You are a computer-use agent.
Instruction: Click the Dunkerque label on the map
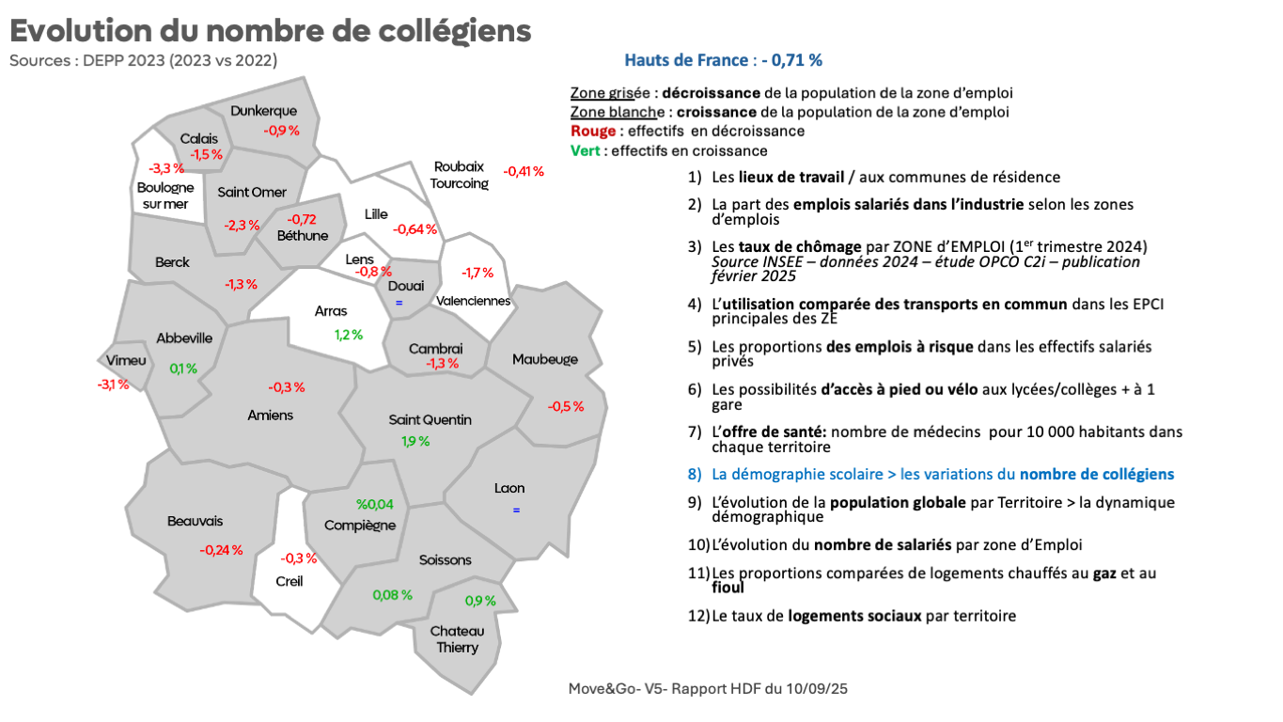263,111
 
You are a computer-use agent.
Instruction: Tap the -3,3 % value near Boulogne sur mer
166,168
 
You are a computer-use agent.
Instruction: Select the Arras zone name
331,311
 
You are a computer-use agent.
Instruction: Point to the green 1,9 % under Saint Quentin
415,441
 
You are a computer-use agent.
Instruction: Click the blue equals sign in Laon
516,510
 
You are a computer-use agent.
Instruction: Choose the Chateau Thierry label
457,639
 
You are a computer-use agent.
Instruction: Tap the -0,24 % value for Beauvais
221,550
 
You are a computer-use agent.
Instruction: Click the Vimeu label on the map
126,361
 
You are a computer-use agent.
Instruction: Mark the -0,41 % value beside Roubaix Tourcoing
524,171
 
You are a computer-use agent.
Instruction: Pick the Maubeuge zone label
545,359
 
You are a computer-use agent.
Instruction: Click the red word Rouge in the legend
591,131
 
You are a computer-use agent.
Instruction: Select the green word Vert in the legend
587,150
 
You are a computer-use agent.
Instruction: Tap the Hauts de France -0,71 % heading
723,60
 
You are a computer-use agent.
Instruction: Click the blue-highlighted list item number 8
943,475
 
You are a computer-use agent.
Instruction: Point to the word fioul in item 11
728,588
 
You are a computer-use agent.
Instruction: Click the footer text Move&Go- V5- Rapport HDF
708,689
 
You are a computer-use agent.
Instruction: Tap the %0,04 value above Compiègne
375,505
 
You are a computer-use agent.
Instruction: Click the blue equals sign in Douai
399,303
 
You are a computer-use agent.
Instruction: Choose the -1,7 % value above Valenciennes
477,273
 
